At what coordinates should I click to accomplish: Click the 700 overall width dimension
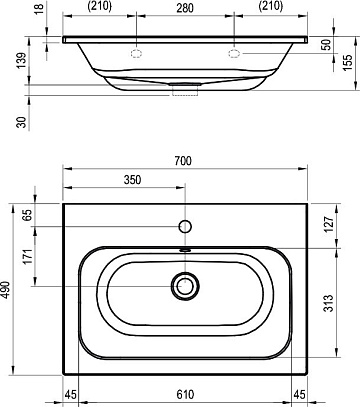pos(183,161)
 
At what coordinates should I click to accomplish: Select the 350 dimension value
pos(133,180)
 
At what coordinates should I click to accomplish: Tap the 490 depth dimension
pos(6,289)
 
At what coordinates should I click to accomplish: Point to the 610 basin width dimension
pos(185,395)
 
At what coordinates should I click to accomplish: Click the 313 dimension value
pos(329,303)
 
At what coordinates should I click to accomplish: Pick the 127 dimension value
pos(329,225)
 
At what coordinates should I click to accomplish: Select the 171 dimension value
pos(28,256)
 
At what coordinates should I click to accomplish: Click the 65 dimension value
pos(28,215)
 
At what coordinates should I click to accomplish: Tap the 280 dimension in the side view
pos(185,8)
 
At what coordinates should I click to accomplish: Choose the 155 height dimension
pos(347,62)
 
